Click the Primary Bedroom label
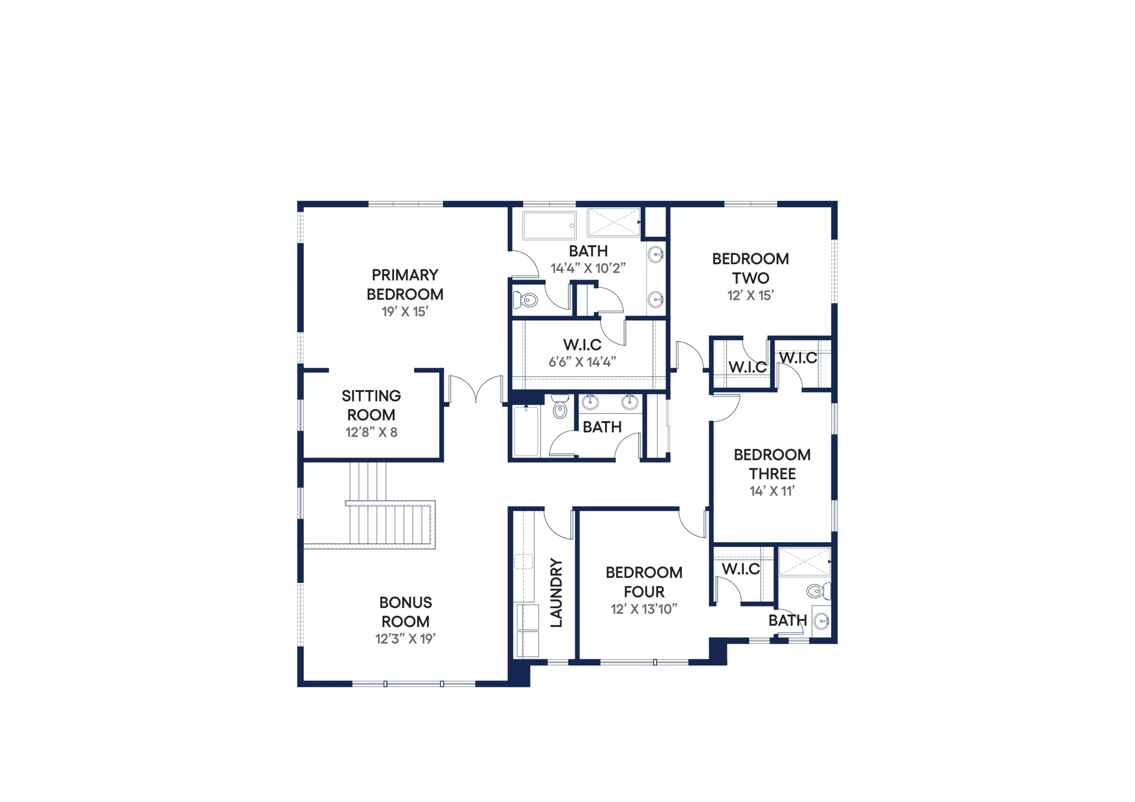[x=405, y=284]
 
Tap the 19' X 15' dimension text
[x=405, y=312]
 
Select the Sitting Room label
[x=371, y=405]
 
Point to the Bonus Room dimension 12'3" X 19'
[x=405, y=639]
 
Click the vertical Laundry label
[x=556, y=593]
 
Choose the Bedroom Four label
[x=644, y=582]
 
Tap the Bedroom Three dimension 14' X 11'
[x=772, y=491]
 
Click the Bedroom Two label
[x=751, y=269]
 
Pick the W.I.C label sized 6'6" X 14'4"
[x=582, y=344]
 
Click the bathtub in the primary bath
[x=549, y=226]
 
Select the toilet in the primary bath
[x=526, y=300]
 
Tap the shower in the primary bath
[x=614, y=222]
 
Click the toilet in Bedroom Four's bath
[x=818, y=591]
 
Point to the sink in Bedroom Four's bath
[x=822, y=621]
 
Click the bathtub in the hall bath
[x=526, y=431]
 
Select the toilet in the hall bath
[x=560, y=407]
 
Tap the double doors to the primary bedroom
[x=476, y=389]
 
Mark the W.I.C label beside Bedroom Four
[x=740, y=569]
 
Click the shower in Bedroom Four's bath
[x=805, y=561]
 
